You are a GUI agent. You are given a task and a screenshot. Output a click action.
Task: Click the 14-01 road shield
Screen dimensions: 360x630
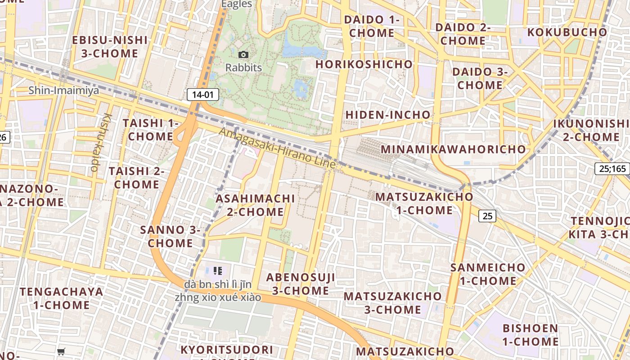coord(203,94)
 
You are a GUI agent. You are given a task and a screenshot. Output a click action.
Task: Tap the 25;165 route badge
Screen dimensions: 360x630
coord(612,169)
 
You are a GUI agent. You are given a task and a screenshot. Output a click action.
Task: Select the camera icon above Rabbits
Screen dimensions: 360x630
coord(243,55)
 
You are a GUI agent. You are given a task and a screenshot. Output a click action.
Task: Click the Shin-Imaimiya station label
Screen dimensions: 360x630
coord(64,90)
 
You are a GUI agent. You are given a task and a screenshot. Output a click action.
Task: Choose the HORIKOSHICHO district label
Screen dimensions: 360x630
coord(364,64)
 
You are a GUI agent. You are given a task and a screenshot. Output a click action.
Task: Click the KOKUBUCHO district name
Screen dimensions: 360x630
coord(567,32)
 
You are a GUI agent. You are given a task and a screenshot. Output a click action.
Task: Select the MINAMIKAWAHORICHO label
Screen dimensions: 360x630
coord(453,149)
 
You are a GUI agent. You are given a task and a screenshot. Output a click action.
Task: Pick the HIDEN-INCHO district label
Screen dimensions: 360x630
coord(388,115)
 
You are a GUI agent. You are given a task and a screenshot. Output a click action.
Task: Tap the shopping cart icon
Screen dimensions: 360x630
coord(61,351)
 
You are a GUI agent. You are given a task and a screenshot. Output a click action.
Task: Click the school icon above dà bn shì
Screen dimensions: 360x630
coord(218,271)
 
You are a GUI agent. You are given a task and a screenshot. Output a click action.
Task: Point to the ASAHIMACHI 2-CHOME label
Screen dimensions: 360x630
coord(255,205)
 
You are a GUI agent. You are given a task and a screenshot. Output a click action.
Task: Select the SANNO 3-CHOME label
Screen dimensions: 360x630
coord(170,236)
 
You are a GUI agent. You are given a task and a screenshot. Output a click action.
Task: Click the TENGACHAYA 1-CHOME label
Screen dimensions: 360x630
coord(61,298)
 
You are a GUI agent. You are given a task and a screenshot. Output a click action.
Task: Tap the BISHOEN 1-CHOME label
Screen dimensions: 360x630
coord(531,335)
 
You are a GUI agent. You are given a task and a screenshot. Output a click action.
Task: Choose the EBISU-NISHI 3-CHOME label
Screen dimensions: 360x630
coord(110,46)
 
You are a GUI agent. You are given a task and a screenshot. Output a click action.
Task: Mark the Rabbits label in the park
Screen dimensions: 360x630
coord(243,68)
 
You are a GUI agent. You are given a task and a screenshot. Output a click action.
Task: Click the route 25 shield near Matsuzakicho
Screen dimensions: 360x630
coord(487,216)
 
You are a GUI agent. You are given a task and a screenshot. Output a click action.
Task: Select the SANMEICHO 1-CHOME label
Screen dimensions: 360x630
coord(488,274)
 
